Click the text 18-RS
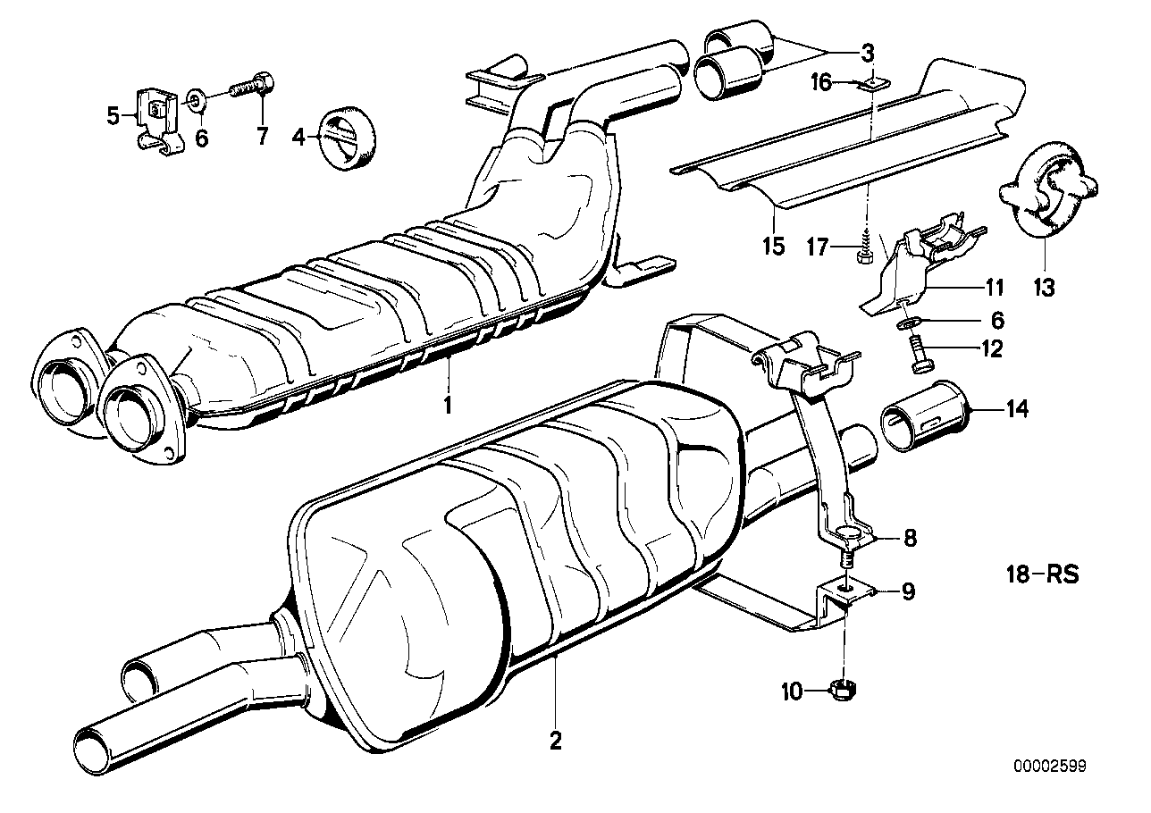[1039, 573]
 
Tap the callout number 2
[555, 741]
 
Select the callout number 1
[448, 404]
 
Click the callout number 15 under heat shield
[774, 244]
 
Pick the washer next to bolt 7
[197, 96]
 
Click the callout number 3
[867, 53]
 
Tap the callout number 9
[908, 591]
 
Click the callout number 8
[909, 539]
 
